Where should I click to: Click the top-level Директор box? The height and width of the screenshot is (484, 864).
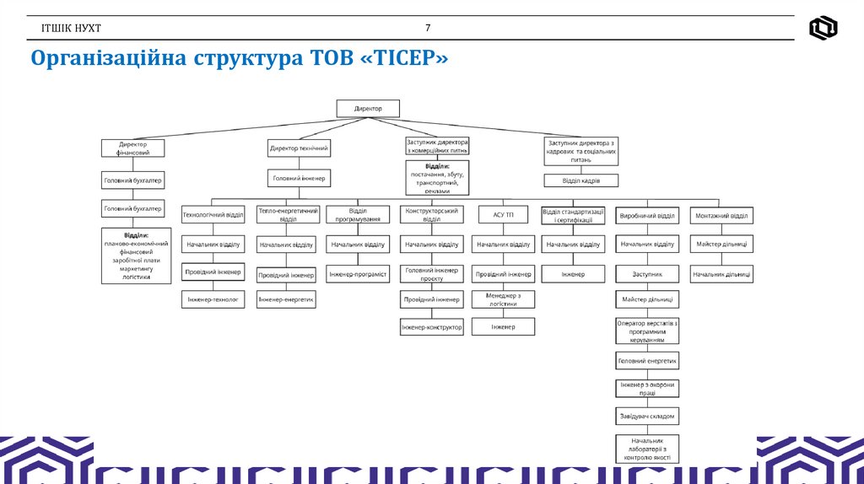coord(368,109)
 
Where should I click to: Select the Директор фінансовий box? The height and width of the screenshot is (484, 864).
coord(132,148)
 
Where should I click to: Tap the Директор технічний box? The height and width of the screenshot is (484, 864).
coord(299,148)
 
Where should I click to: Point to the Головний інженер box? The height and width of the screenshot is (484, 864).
coord(299,178)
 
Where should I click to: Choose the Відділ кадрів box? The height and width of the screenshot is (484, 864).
coord(581,180)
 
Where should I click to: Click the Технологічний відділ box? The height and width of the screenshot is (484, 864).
coord(213,215)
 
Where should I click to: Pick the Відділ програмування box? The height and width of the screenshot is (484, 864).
coord(358,215)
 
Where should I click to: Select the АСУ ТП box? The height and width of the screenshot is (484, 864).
coord(503,215)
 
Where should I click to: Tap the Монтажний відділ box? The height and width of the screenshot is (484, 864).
coord(721,215)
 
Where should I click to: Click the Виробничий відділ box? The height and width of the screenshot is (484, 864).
coord(647,215)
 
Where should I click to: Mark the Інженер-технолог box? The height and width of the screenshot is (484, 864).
coord(213,299)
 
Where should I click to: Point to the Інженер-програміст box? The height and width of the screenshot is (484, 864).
coord(358,275)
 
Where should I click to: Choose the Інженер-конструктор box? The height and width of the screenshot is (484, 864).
coord(431,327)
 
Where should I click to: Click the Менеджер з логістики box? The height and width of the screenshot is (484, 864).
coord(503,299)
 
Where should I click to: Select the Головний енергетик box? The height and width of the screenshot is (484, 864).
coord(647,361)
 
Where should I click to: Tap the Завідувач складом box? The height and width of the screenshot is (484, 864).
coord(647,417)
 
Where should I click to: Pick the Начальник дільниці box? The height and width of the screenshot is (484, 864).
coord(721,275)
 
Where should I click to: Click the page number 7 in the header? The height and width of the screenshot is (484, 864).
coord(428,28)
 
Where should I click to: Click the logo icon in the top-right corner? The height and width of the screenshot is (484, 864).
coord(823,28)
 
